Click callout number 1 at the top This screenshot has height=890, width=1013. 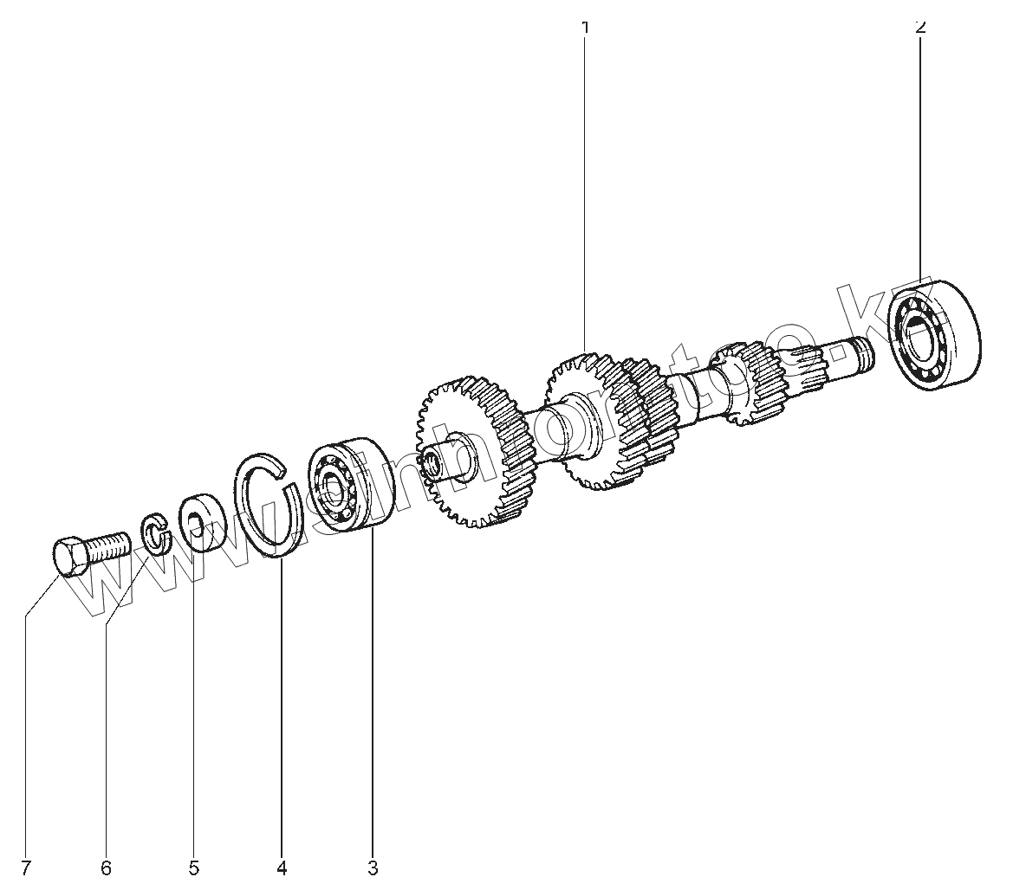coord(585,27)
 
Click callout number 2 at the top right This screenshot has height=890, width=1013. coord(920,27)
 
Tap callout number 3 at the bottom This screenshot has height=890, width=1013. coord(373,867)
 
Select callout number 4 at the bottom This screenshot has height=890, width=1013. coord(282,867)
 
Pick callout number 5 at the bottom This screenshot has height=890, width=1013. coord(193,867)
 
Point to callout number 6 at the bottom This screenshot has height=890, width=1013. coord(106,867)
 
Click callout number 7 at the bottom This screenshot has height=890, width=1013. coord(26,867)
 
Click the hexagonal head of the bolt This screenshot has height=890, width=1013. coord(70,557)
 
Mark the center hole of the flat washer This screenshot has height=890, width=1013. coord(195,523)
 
